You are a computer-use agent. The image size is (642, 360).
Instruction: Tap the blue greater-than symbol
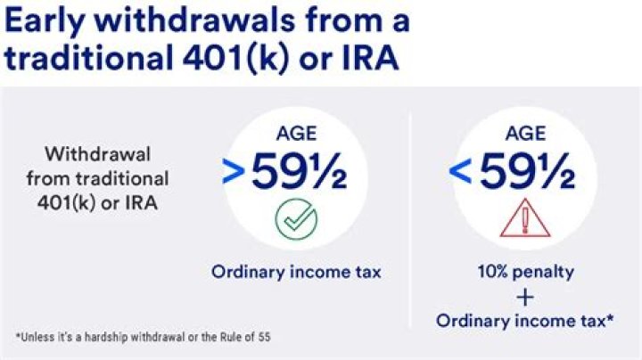click(232, 174)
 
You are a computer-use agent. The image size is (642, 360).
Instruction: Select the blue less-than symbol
click(460, 174)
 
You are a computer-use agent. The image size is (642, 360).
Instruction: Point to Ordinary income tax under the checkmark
click(295, 272)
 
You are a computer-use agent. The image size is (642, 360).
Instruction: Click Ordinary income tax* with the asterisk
click(525, 320)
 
